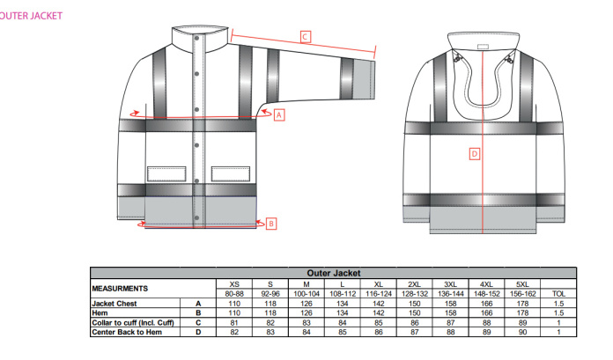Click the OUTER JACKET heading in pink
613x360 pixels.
(31, 16)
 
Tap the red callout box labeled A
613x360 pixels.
(279, 115)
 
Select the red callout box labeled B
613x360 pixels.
(271, 224)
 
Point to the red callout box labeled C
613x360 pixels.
(306, 37)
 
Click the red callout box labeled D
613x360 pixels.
(475, 154)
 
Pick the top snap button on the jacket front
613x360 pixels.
(197, 39)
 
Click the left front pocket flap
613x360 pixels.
(166, 174)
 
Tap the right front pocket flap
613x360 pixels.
(231, 174)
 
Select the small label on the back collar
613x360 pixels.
(484, 47)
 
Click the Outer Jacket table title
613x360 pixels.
(334, 273)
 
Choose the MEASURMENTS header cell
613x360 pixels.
(120, 289)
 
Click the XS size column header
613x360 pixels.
(234, 284)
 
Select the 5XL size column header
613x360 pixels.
(522, 284)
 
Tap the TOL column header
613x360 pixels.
(558, 294)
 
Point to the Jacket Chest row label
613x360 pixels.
(114, 304)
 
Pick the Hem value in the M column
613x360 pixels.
(306, 313)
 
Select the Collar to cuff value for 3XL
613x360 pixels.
(451, 323)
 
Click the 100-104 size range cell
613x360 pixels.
(306, 294)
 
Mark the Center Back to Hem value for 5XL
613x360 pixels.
(522, 332)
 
